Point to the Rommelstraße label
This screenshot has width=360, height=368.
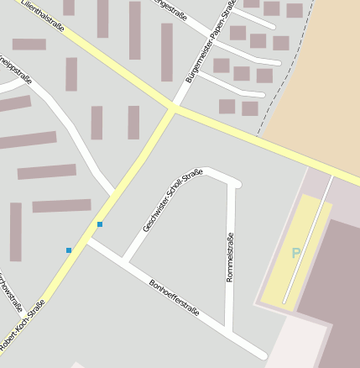pos(230,257)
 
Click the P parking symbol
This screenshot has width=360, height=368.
pos(295,253)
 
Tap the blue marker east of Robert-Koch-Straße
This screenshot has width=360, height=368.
pos(100,223)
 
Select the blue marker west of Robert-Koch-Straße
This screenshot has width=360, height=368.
pos(69,250)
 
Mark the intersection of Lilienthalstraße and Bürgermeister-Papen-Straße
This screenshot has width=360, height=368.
pos(174,108)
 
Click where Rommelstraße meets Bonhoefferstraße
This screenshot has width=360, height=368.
pos(229,329)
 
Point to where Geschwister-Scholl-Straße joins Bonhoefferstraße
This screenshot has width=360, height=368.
pos(124,260)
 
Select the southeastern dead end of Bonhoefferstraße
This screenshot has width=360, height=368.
pos(263,355)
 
